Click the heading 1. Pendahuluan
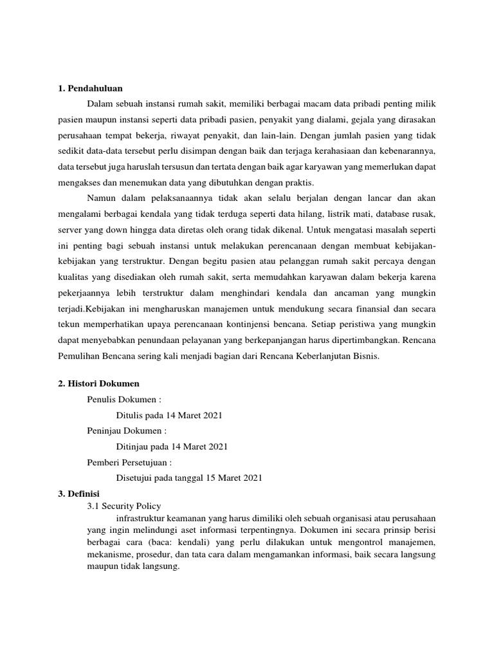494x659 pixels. click(x=90, y=88)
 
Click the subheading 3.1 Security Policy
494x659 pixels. click(x=124, y=506)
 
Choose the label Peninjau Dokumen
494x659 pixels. click(x=127, y=431)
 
